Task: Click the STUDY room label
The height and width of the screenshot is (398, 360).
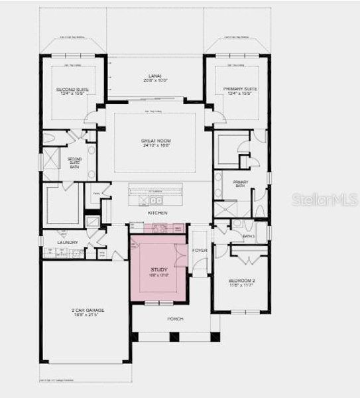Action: coord(159,269)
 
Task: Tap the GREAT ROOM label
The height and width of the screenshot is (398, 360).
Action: coord(158,141)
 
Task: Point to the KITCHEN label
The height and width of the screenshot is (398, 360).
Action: coord(158,212)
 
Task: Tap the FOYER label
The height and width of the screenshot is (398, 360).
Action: coord(200,250)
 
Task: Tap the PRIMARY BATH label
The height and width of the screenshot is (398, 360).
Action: coord(240,184)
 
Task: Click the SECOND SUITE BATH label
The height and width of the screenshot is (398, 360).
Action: coord(74,163)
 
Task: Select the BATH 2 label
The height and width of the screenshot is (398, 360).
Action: coord(249,236)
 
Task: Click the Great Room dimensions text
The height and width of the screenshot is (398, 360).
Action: coord(158,146)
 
